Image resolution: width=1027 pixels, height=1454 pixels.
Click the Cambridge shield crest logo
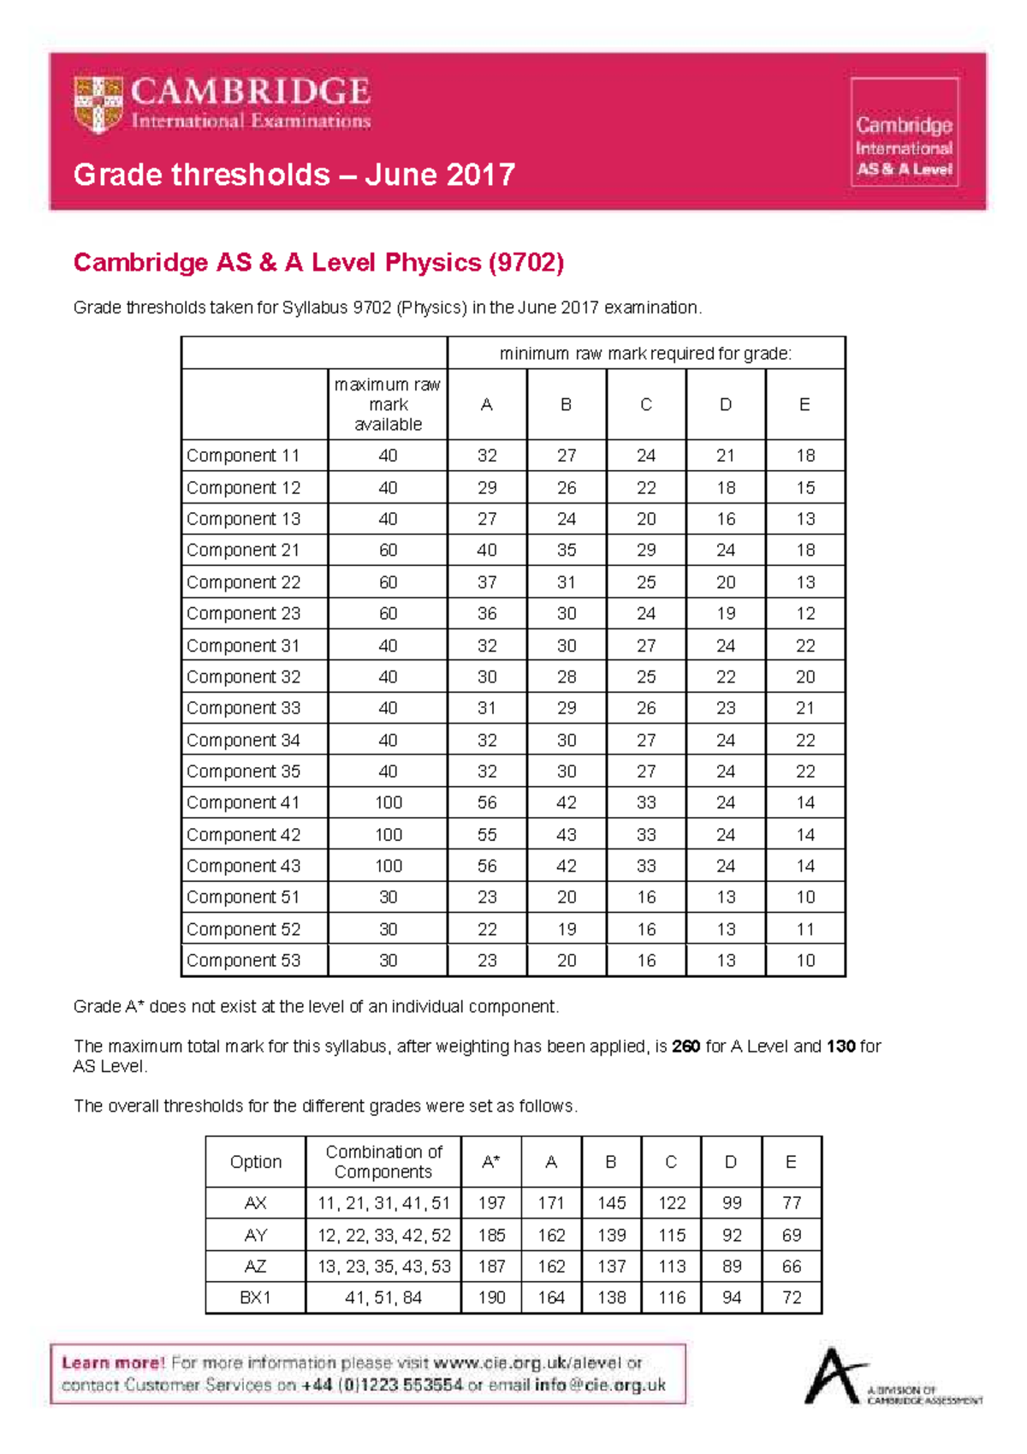[98, 104]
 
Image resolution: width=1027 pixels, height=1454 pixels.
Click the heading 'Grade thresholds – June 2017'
[294, 175]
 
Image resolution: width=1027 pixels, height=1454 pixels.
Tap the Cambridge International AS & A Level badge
[904, 132]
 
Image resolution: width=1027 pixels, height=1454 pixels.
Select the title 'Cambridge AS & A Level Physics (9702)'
[318, 262]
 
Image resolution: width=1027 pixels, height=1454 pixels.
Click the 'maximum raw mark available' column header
[388, 404]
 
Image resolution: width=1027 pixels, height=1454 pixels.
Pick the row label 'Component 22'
[244, 582]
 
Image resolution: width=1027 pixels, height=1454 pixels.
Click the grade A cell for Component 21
[487, 550]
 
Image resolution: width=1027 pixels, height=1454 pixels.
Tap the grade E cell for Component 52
[805, 929]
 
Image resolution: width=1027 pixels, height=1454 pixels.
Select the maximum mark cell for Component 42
[388, 835]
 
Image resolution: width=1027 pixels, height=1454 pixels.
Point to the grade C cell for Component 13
[646, 519]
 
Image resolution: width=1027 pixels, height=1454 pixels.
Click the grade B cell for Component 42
[567, 835]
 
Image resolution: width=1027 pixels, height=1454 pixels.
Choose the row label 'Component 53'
[244, 961]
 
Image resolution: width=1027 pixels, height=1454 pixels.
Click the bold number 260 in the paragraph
[686, 1046]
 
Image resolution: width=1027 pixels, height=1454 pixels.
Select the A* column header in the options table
[491, 1162]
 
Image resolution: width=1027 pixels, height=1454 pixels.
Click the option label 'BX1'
[255, 1298]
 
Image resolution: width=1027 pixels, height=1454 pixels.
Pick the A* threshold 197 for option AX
[491, 1203]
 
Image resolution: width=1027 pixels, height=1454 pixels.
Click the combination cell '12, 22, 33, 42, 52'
[383, 1236]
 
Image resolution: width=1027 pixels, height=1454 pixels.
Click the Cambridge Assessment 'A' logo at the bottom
[834, 1376]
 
